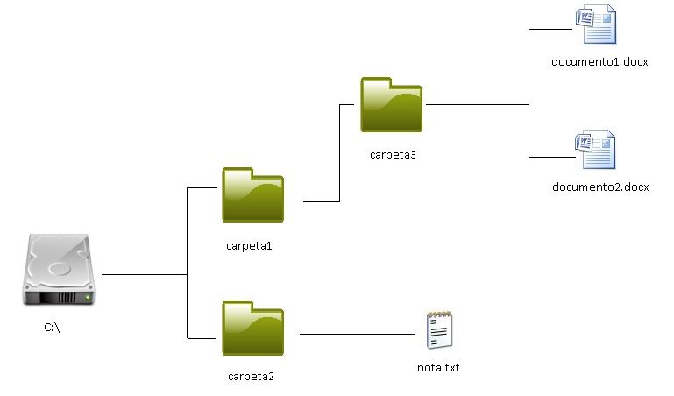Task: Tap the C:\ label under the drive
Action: pyautogui.click(x=53, y=328)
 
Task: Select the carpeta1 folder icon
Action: pyautogui.click(x=253, y=194)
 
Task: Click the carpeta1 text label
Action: pyautogui.click(x=249, y=245)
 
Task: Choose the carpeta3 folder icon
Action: pyautogui.click(x=391, y=104)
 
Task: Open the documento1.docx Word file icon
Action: pyautogui.click(x=595, y=25)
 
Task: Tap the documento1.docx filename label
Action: pyautogui.click(x=600, y=61)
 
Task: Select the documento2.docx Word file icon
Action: pyautogui.click(x=595, y=150)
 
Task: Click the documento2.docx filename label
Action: pyautogui.click(x=600, y=187)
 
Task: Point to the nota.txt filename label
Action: pyautogui.click(x=438, y=367)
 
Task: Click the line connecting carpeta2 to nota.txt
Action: pyautogui.click(x=359, y=334)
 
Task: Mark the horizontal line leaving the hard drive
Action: pyautogui.click(x=145, y=274)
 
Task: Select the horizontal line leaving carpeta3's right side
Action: pyautogui.click(x=478, y=105)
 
